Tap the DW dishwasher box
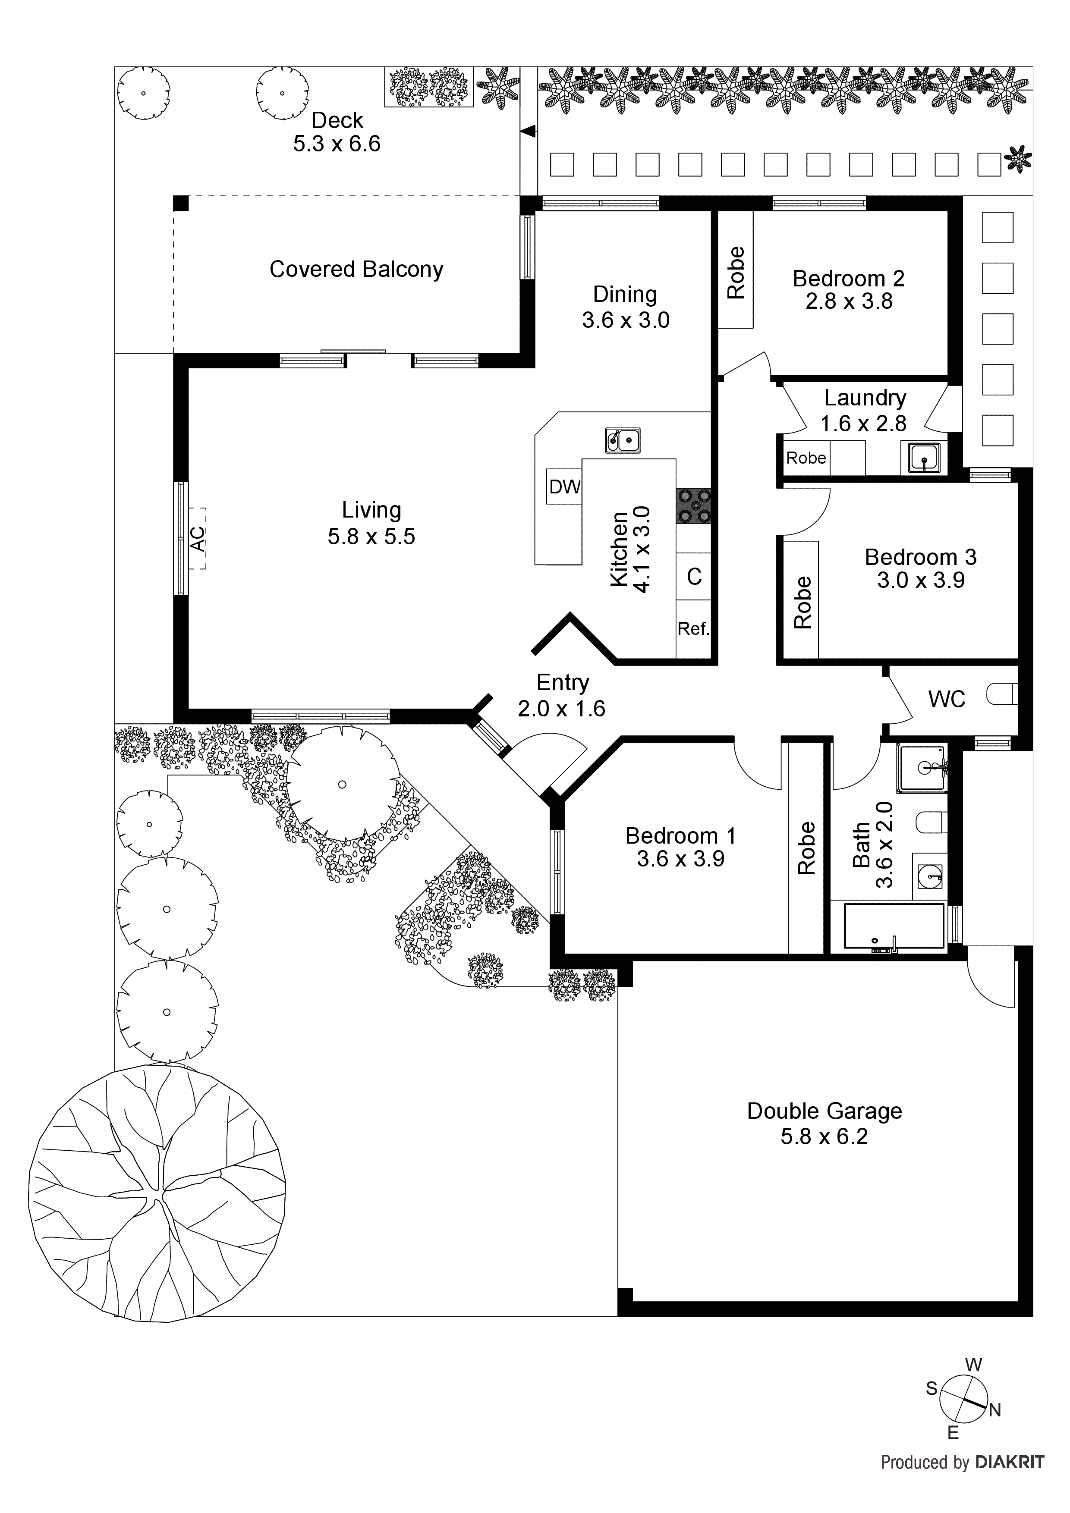[564, 487]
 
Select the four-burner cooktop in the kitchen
[693, 506]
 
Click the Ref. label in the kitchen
[693, 629]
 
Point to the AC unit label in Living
[197, 538]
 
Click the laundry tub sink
[924, 457]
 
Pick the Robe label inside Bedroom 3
[802, 602]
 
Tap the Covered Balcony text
[356, 270]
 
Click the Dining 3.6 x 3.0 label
[625, 307]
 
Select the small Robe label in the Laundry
[806, 458]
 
